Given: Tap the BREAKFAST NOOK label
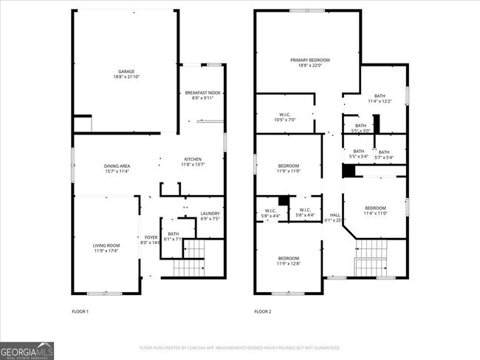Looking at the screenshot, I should click(x=202, y=92).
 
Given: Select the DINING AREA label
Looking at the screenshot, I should click(x=117, y=166).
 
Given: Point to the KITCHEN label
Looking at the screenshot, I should click(x=193, y=159).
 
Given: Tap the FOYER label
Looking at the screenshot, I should click(x=151, y=237).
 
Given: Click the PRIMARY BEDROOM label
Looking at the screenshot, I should click(x=309, y=60).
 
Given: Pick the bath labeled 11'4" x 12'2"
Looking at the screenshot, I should click(x=379, y=95).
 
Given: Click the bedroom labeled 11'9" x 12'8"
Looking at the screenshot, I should click(x=288, y=259).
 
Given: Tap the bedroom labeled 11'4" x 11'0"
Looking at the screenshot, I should click(x=376, y=208).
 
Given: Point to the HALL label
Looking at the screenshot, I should click(x=335, y=214).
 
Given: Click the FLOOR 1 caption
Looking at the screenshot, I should click(x=80, y=312).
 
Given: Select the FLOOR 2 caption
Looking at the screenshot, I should click(x=263, y=312).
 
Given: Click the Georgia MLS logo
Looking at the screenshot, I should click(x=27, y=350).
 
